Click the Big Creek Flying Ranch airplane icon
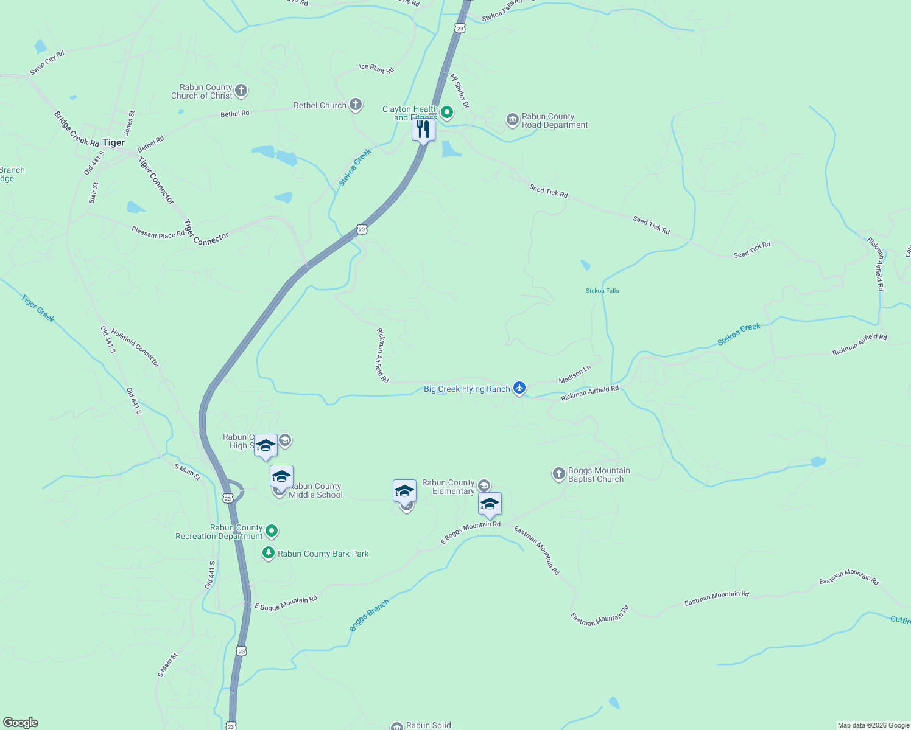519,388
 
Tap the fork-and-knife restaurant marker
423,130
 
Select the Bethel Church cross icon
356,105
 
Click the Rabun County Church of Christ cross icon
241,91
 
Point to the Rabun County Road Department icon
513,119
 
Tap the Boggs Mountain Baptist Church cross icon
559,474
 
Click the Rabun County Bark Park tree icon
268,553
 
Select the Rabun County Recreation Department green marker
272,531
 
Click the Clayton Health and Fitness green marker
447,112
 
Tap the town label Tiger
114,142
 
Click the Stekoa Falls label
602,291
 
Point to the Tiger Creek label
38,308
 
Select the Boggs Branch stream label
369,616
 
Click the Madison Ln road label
575,374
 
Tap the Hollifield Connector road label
135,348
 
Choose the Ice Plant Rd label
376,69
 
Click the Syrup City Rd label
47,63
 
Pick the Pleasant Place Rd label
158,232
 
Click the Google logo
20,723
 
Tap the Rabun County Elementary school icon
484,485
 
